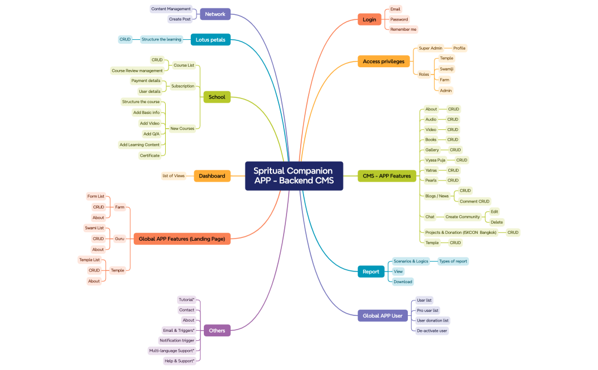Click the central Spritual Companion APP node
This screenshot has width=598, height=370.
coord(294,176)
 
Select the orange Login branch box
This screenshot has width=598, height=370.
coord(369,19)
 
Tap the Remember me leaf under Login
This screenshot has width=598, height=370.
coord(403,30)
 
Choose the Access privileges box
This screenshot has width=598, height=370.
coord(383,61)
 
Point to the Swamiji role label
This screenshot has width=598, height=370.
coord(447,69)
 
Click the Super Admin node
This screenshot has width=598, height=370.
coord(431,48)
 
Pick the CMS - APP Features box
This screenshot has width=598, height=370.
coord(387,176)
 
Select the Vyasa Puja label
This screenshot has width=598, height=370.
coord(435,160)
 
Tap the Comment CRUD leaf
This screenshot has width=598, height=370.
coord(474,201)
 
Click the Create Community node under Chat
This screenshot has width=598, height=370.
coord(462,217)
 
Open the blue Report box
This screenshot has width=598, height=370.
coord(371,272)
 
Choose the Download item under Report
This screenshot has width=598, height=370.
coord(403,282)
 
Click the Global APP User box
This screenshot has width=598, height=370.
coord(382,315)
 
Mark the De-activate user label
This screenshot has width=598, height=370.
coord(432,331)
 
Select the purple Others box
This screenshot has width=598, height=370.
coord(217,330)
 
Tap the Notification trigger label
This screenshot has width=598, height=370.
coord(177,340)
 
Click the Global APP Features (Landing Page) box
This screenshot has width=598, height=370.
coord(182,239)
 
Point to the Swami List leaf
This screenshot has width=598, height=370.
coord(95,228)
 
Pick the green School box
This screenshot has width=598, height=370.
coord(216,97)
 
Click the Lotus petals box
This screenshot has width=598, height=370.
coord(210,40)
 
